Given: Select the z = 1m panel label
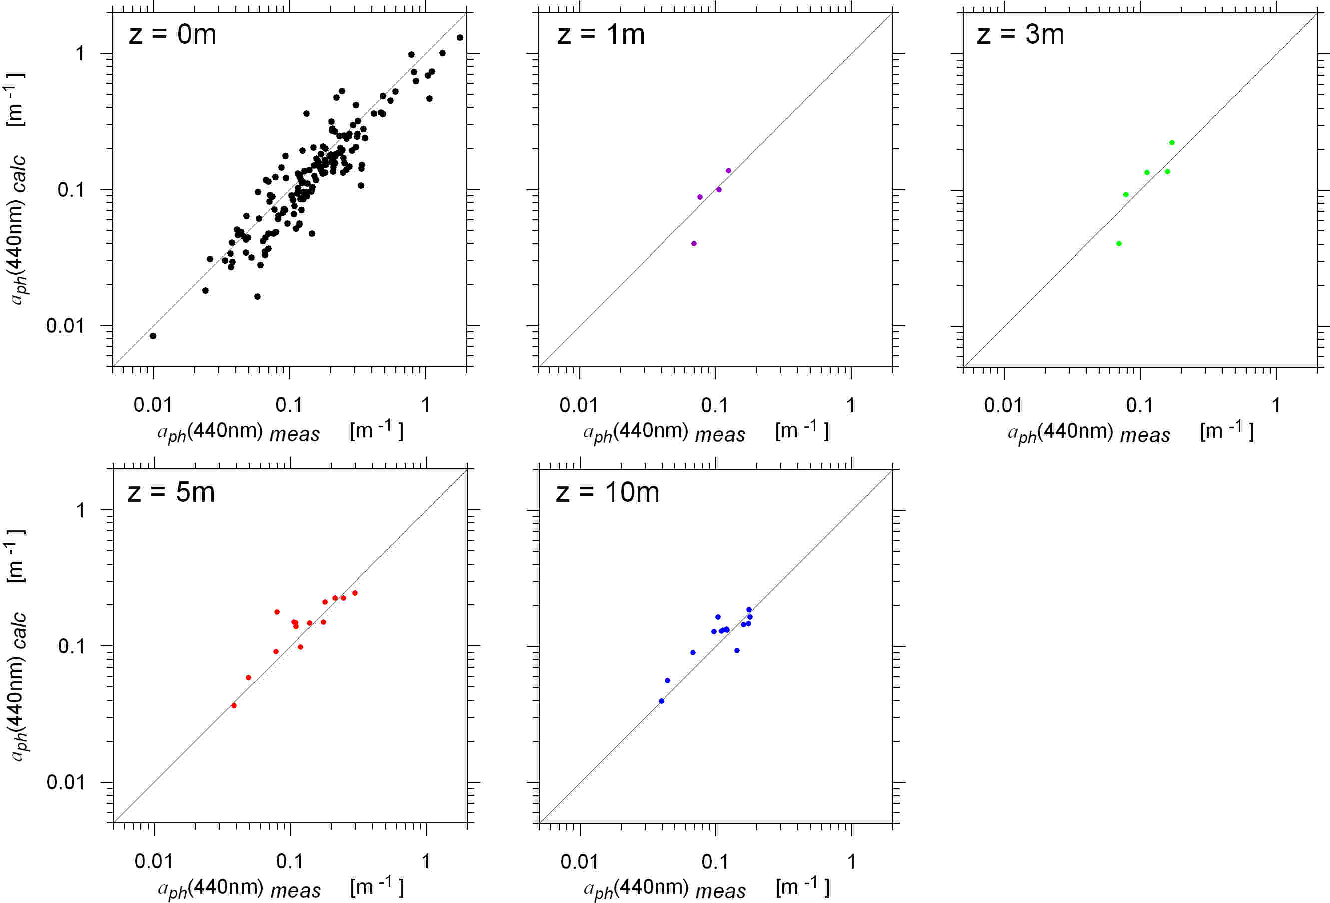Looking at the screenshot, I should pyautogui.click(x=601, y=35).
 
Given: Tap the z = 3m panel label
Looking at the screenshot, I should pyautogui.click(x=1020, y=35).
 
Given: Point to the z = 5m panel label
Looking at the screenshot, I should pyautogui.click(x=171, y=492).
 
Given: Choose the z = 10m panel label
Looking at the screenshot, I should pyautogui.click(x=607, y=492).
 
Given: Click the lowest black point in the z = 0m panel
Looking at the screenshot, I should pyautogui.click(x=153, y=336).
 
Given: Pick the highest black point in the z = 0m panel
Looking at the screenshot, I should pyautogui.click(x=460, y=38).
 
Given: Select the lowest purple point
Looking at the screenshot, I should pyautogui.click(x=694, y=244).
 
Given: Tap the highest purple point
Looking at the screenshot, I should pyautogui.click(x=728, y=170).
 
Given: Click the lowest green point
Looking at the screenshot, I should pyautogui.click(x=1119, y=244).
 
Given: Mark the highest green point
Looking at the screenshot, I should pyautogui.click(x=1172, y=142).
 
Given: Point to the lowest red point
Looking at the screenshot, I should pyautogui.click(x=234, y=705).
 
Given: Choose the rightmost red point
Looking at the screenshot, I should pyautogui.click(x=355, y=593).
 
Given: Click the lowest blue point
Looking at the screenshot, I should pyautogui.click(x=661, y=701).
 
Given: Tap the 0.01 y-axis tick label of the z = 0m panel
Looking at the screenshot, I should pyautogui.click(x=64, y=326).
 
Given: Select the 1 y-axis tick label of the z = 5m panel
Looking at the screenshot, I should pyautogui.click(x=81, y=510).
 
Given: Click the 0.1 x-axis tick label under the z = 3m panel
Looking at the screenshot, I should pyautogui.click(x=1139, y=405).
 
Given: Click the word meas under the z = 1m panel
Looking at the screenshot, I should pyautogui.click(x=720, y=435).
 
